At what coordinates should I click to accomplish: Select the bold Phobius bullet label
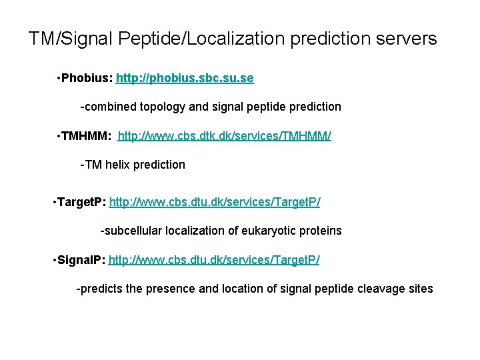point(87,79)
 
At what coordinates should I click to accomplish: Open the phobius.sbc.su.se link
point(185,79)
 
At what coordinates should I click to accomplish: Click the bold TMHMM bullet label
point(85,137)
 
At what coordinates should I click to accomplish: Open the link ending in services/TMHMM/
point(224,137)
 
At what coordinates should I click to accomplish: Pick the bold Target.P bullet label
point(80,201)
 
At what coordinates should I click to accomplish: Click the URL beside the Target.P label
point(215,201)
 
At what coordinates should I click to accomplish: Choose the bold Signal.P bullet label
point(79,259)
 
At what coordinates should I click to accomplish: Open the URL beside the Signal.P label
point(214,259)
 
